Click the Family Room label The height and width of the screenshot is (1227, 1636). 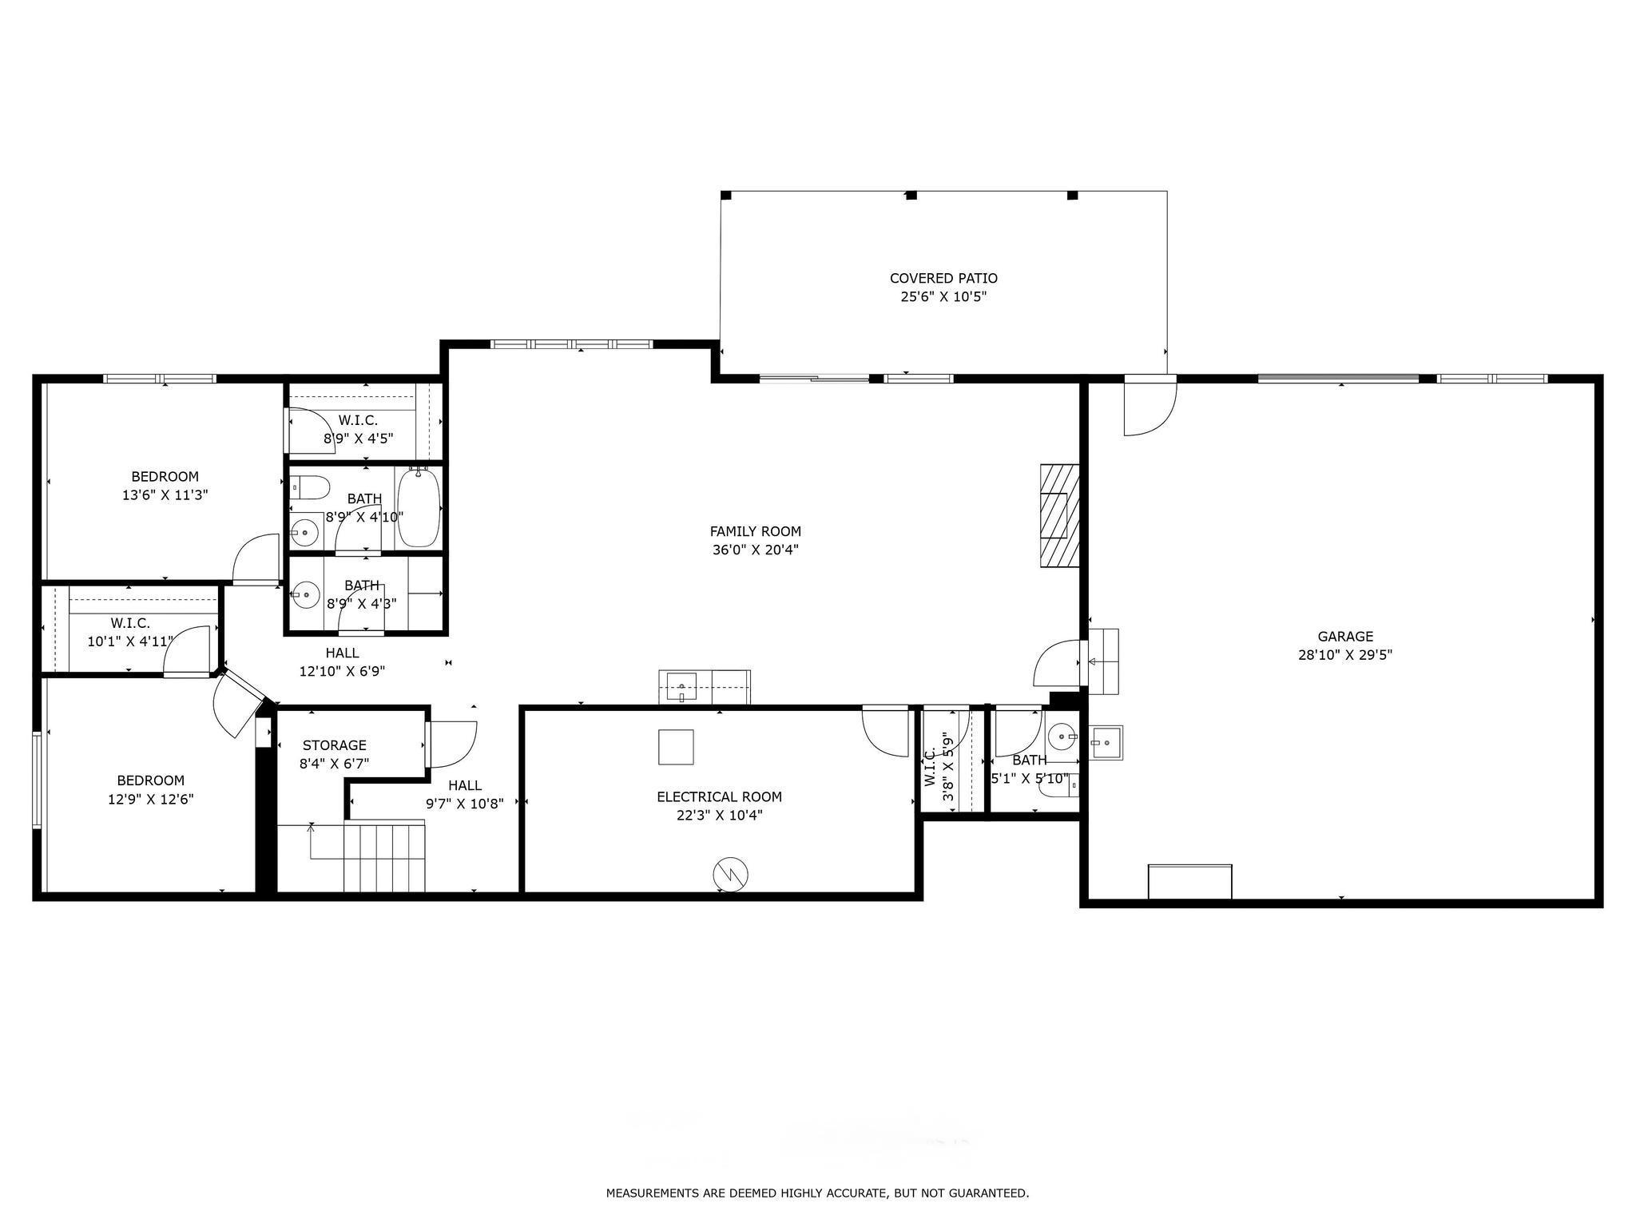(755, 531)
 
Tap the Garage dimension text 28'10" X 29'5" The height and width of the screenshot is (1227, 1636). (1345, 655)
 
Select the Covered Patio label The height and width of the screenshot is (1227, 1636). (943, 278)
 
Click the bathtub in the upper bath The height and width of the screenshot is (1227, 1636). (419, 507)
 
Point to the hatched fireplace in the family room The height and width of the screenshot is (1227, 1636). (1059, 515)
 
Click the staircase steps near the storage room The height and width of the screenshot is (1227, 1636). (384, 856)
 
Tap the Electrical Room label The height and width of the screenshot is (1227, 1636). (719, 796)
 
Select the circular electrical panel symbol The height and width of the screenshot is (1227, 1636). (731, 873)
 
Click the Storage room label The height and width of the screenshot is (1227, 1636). (334, 745)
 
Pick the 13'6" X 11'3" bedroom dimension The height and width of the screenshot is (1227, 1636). (165, 495)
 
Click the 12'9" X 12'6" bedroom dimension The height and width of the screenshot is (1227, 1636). (151, 799)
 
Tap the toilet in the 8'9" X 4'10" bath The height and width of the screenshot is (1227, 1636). (309, 486)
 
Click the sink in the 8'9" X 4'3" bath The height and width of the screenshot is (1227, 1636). (304, 594)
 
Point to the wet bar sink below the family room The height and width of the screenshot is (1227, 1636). (680, 687)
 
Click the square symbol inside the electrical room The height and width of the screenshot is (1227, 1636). (676, 747)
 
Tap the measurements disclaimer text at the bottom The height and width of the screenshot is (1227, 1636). (817, 1193)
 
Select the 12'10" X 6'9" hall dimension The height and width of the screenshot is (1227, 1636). (342, 672)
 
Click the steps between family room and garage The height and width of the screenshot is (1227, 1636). (1103, 661)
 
